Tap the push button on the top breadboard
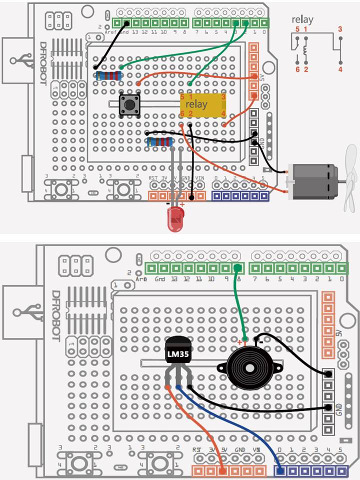click(129, 105)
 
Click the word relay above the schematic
click(303, 20)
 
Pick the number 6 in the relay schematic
click(297, 69)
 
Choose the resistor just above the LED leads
click(160, 142)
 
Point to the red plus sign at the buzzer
click(240, 342)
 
